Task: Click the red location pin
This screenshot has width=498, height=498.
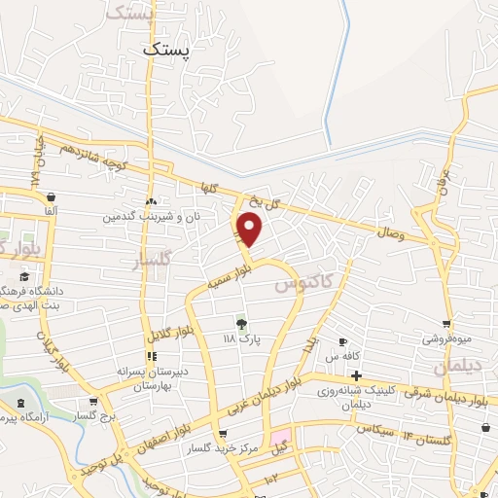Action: coord(250,230)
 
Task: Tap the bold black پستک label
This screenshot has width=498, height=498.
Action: coord(167,47)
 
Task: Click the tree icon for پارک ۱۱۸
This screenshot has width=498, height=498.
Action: coord(240,323)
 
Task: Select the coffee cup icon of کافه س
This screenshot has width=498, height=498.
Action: coord(342,341)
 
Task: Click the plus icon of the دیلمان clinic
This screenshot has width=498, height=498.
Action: coord(356,375)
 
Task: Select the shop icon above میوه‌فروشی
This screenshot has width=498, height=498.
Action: coord(445,325)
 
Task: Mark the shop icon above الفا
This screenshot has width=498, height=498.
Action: coord(49,194)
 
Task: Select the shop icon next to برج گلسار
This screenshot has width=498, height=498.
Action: coord(93,401)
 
